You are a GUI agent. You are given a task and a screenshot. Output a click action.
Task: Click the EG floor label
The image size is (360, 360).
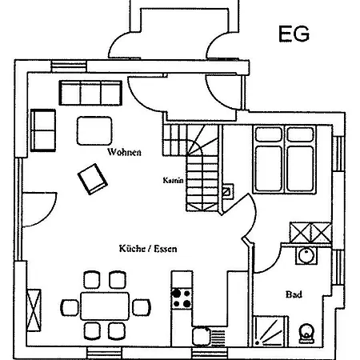click(x=294, y=34)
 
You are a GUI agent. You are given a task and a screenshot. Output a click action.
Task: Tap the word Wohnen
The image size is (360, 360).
click(x=124, y=152)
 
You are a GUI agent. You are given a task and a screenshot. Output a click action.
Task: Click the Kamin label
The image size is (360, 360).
click(x=174, y=180)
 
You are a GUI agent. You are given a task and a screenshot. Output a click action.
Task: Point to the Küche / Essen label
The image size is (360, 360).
click(x=148, y=249)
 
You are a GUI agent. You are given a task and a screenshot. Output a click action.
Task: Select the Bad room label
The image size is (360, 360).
click(x=294, y=294)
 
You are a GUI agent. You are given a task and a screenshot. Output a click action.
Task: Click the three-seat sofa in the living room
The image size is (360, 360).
click(x=90, y=93)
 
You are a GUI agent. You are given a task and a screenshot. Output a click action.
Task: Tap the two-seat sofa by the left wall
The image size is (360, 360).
click(x=43, y=130)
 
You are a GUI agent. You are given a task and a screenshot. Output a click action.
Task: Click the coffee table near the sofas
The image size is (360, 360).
click(x=94, y=130)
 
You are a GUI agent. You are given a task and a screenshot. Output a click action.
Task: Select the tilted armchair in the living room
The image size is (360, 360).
click(x=93, y=179)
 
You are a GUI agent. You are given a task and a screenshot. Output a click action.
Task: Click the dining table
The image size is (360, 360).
click(x=105, y=306)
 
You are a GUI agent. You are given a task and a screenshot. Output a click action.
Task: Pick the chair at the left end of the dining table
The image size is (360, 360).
click(x=70, y=308)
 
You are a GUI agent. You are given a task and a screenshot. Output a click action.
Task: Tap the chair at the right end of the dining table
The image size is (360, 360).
click(x=142, y=307)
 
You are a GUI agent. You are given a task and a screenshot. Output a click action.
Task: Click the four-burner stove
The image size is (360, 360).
click(x=182, y=298)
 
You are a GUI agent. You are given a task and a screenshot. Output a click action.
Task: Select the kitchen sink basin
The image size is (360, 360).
click(x=202, y=336)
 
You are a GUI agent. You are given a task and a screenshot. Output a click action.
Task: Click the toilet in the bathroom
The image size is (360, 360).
click(x=306, y=334)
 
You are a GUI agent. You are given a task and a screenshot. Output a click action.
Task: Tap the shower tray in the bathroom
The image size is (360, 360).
click(x=270, y=331)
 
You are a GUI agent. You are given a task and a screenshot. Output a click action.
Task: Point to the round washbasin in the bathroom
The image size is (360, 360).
click(x=306, y=256)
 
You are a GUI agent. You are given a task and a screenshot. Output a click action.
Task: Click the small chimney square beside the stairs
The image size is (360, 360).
click(x=227, y=191)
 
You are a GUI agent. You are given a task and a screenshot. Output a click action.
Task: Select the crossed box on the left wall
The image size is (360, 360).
click(x=34, y=310)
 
